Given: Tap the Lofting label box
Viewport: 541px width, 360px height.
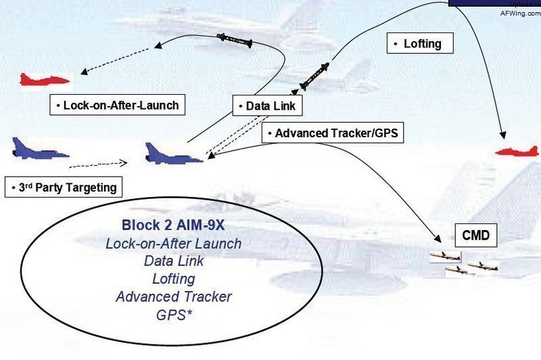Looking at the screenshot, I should (x=419, y=44).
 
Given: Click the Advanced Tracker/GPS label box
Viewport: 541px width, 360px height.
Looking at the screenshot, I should (x=333, y=133).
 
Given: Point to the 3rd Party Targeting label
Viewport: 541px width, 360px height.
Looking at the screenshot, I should (x=64, y=187).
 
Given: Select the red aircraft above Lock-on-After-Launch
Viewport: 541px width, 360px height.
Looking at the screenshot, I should (x=45, y=79).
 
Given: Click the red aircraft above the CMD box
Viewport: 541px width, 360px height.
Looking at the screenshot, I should (x=517, y=151).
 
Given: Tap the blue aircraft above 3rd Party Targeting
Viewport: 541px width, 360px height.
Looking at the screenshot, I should (x=39, y=150).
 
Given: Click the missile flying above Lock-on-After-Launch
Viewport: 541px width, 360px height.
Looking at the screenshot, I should (x=235, y=41).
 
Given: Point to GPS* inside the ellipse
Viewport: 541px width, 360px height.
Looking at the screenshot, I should (x=174, y=314).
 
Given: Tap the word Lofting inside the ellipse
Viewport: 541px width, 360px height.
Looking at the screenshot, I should (x=174, y=279).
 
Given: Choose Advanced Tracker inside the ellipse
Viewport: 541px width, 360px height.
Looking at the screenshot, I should (x=174, y=296).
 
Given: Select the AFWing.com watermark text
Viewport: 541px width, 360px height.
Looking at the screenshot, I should (x=519, y=12).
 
